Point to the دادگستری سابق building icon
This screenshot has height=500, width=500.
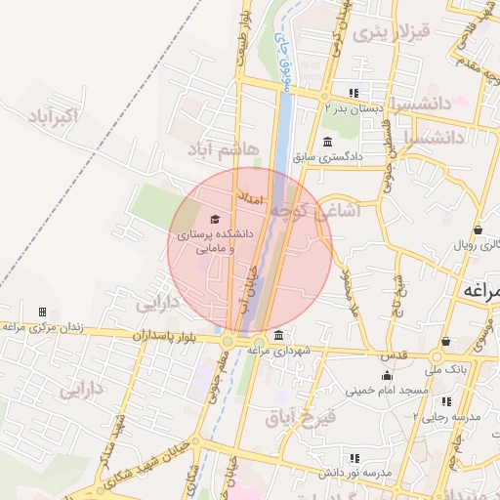[326, 143]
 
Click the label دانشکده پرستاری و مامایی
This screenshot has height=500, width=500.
[213, 242]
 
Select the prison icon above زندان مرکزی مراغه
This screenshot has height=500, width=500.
[42, 312]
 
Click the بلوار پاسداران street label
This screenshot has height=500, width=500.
[162, 334]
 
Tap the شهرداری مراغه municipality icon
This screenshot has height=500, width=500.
[280, 336]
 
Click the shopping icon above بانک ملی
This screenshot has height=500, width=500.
[446, 342]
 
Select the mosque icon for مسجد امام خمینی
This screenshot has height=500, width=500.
[388, 376]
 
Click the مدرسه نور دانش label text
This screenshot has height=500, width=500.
[356, 473]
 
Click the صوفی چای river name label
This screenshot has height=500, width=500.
[284, 63]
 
